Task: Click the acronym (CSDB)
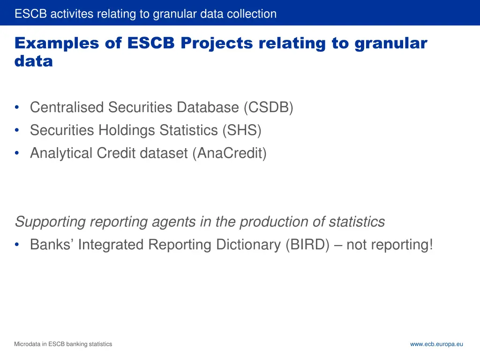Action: pyautogui.click(x=268, y=107)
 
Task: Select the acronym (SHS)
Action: pyautogui.click(x=242, y=130)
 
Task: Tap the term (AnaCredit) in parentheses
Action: pyautogui.click(x=229, y=153)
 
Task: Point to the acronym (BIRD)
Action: pyautogui.click(x=307, y=244)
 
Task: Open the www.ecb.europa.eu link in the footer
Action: pyautogui.click(x=436, y=344)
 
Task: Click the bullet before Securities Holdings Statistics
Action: pyautogui.click(x=17, y=130)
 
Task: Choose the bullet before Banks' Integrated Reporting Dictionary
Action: pyautogui.click(x=17, y=245)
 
